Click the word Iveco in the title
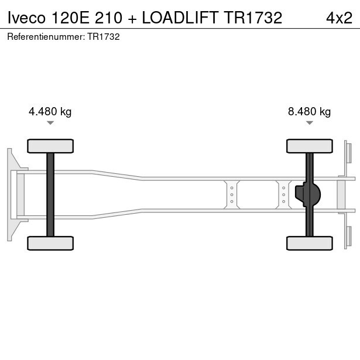click(x=26, y=18)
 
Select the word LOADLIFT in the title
click(x=180, y=18)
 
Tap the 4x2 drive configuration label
click(x=339, y=18)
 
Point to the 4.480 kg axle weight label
click(x=50, y=112)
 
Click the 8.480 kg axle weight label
click(x=309, y=112)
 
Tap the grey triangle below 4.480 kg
click(x=50, y=123)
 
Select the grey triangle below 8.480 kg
click(x=310, y=123)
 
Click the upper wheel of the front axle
click(x=50, y=146)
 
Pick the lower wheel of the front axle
click(x=50, y=243)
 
